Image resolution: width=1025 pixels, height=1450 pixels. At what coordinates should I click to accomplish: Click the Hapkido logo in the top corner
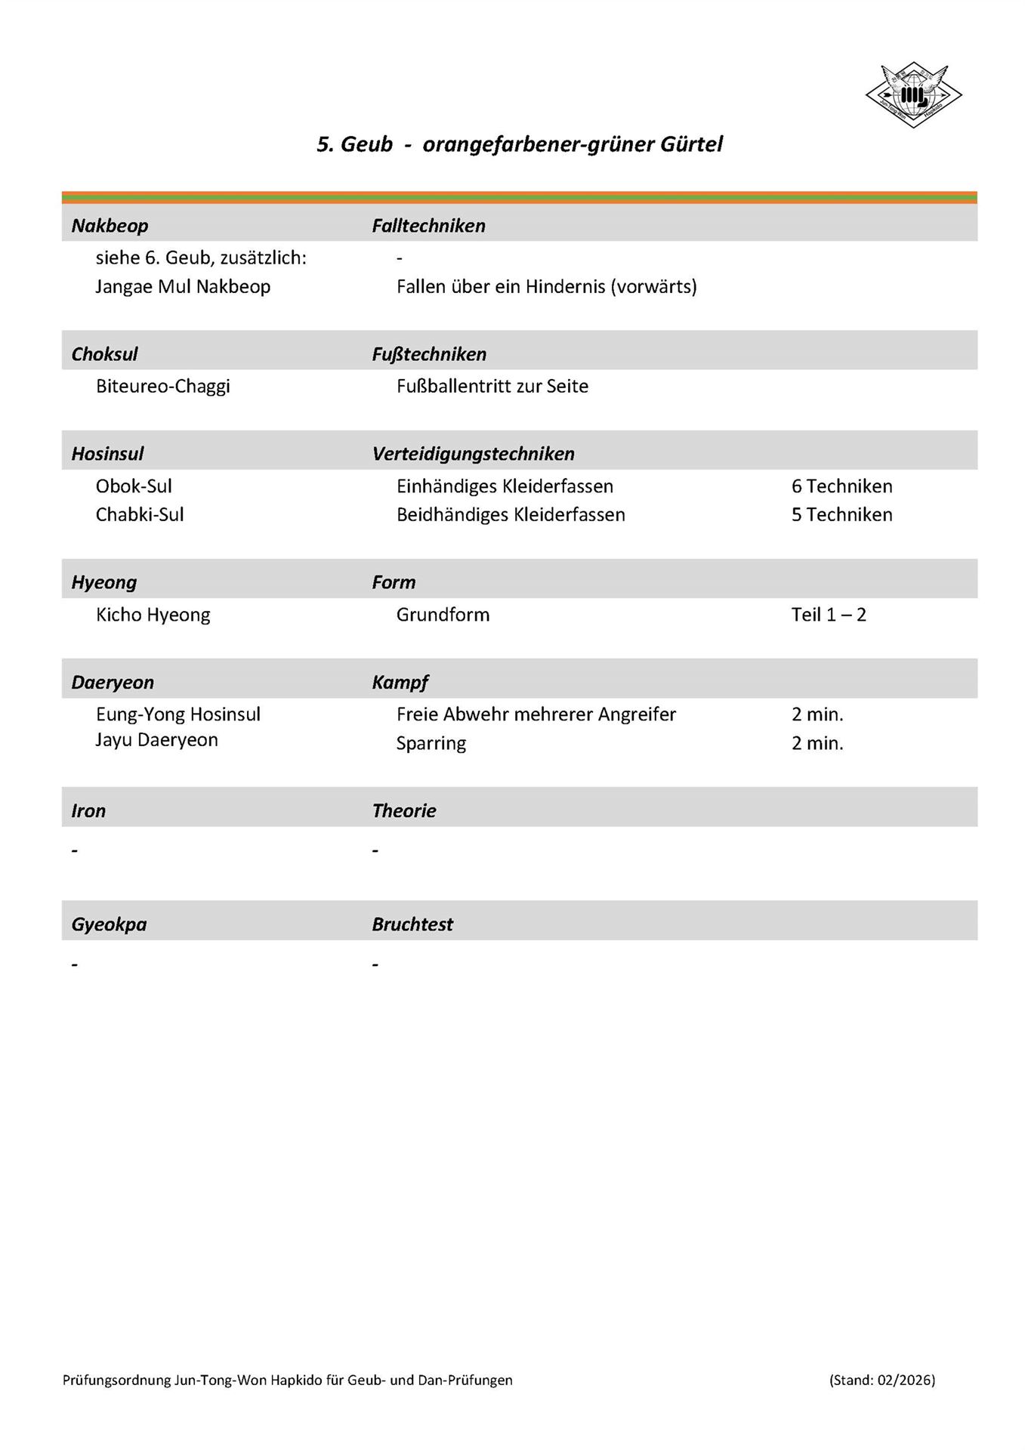coord(913,94)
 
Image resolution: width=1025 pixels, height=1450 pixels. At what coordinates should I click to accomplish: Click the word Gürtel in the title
coord(691,144)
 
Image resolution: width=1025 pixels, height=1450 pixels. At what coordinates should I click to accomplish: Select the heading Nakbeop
coord(110,226)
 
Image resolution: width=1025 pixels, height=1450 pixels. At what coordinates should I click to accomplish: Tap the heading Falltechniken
coord(428,226)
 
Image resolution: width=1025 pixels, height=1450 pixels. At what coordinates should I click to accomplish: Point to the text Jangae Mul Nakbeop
coord(183,287)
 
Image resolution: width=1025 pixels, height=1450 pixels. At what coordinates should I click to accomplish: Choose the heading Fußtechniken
coord(429,354)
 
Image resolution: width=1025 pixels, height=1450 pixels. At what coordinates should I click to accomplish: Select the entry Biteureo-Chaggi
coord(162,387)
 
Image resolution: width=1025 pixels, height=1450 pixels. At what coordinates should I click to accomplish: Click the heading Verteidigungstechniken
coord(473,454)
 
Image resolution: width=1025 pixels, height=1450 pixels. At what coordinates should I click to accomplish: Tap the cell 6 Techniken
coord(841,486)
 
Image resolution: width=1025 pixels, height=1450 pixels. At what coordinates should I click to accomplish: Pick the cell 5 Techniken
coord(841,515)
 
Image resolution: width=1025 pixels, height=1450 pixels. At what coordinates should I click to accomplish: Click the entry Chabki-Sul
coord(140,515)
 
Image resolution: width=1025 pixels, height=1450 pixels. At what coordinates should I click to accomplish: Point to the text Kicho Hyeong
coord(153,615)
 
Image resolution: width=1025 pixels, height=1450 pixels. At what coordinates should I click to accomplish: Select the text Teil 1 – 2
coord(829,615)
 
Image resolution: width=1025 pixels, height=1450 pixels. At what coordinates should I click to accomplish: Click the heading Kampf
coord(400,683)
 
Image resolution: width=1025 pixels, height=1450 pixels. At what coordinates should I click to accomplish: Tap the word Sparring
coord(431,744)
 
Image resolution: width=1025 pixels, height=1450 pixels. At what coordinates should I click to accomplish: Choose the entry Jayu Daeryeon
coord(156,740)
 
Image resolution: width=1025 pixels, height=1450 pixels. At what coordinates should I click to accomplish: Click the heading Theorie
coord(404,811)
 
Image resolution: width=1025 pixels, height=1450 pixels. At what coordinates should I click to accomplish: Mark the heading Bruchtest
coord(412,924)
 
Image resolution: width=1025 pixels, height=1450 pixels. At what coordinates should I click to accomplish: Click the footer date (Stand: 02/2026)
coord(881,1380)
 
